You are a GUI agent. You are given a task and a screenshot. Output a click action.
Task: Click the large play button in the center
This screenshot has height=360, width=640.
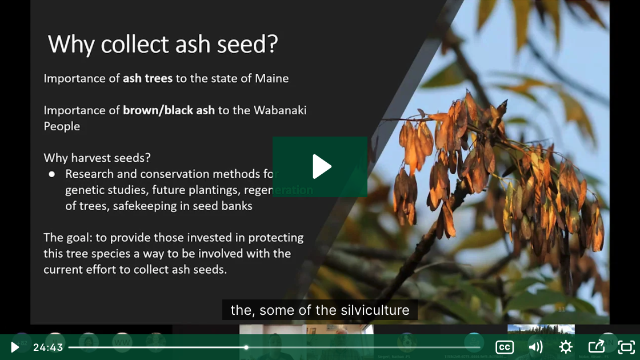click(x=320, y=166)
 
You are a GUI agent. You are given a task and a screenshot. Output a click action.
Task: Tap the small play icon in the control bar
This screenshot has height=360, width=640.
click(x=15, y=347)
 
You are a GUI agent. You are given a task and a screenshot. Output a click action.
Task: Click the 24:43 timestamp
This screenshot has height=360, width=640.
click(x=48, y=347)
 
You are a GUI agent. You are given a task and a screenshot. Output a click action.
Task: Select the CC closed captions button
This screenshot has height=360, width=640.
click(x=504, y=347)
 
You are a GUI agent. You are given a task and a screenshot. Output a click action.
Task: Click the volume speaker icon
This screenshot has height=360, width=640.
click(x=535, y=347)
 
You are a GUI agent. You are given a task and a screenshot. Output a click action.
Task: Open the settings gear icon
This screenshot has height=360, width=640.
click(x=566, y=347)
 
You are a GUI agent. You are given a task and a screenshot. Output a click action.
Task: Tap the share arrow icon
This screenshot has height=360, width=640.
click(x=596, y=347)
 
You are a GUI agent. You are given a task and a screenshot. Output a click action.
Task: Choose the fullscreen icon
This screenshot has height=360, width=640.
click(x=626, y=347)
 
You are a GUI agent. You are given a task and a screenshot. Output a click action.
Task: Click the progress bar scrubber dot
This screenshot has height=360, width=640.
click(x=246, y=347)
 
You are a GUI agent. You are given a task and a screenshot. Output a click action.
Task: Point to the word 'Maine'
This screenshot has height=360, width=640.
click(x=272, y=78)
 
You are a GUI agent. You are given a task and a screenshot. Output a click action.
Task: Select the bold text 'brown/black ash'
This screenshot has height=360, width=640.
click(x=169, y=110)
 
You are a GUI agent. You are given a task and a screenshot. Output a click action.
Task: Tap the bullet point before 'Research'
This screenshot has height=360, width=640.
click(x=51, y=174)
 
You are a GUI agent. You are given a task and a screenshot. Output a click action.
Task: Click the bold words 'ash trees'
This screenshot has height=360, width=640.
click(x=147, y=78)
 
